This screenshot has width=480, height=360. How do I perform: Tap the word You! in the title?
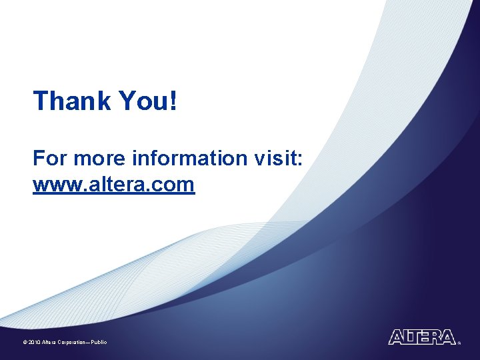148,101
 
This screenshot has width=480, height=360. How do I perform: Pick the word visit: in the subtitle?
279,159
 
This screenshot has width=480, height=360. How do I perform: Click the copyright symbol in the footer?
24,342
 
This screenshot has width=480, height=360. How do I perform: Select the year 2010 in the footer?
34,342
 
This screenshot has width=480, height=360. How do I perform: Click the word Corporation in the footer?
72,342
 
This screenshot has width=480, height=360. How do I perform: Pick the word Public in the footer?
99,342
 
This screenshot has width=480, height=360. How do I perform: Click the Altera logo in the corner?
422,337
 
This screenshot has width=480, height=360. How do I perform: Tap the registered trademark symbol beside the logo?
459,343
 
